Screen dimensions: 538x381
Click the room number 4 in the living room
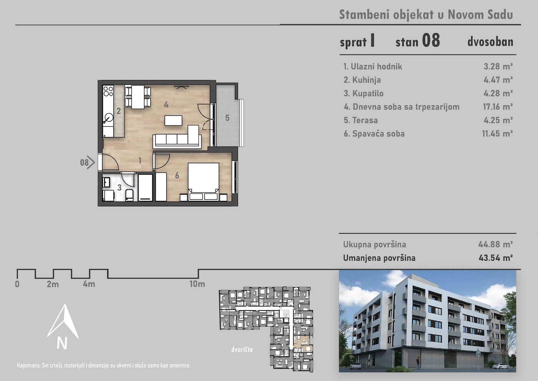coord(166,104)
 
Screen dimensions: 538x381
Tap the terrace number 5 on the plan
coord(227,118)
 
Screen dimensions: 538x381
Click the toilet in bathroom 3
coord(130,195)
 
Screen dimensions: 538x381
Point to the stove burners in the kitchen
coord(108,91)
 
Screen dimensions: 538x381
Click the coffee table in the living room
coord(173,120)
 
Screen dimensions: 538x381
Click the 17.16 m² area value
coord(498,107)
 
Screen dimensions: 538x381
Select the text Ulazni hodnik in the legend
coord(376,67)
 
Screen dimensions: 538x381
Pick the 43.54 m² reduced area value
coord(495,258)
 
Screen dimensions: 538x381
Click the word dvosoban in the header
coord(490,42)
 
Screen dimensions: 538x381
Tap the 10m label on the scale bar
coord(197,284)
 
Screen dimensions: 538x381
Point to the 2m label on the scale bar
coord(53,284)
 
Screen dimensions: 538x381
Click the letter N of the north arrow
coord(62,343)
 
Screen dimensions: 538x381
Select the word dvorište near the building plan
coord(242,349)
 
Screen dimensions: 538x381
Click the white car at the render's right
coord(501,366)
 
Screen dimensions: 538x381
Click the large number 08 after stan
coord(431,40)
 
